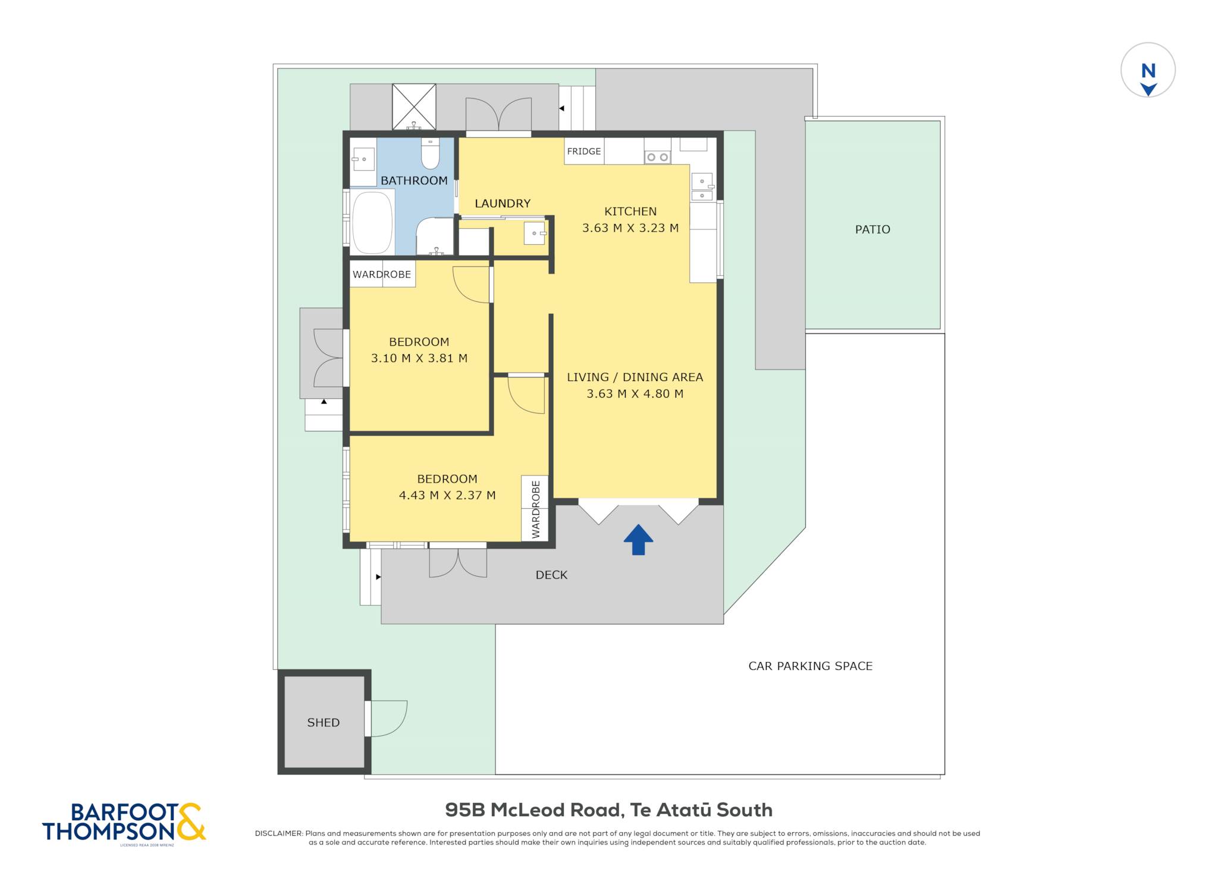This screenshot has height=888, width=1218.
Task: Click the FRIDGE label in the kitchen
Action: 583,152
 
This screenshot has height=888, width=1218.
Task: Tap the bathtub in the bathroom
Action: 373,223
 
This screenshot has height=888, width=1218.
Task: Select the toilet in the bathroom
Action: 430,154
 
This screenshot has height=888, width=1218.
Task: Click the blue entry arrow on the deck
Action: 638,540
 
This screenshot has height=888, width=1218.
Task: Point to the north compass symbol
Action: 1148,71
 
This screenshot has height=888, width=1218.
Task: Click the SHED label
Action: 324,723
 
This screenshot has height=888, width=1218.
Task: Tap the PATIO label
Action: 872,229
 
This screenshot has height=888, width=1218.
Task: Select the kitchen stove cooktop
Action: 657,158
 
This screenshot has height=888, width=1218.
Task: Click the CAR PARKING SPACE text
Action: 810,666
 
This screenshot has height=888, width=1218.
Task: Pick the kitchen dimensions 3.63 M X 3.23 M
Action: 630,228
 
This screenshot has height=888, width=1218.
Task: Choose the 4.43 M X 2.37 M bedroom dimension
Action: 447,495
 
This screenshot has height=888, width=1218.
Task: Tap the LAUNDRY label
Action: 503,203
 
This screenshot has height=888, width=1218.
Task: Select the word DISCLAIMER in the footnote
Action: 278,833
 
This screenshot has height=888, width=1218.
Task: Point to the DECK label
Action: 551,575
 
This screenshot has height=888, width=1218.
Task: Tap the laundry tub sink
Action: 535,233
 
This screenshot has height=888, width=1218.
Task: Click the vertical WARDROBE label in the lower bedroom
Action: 536,509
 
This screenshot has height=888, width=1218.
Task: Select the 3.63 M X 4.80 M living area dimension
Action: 635,393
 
